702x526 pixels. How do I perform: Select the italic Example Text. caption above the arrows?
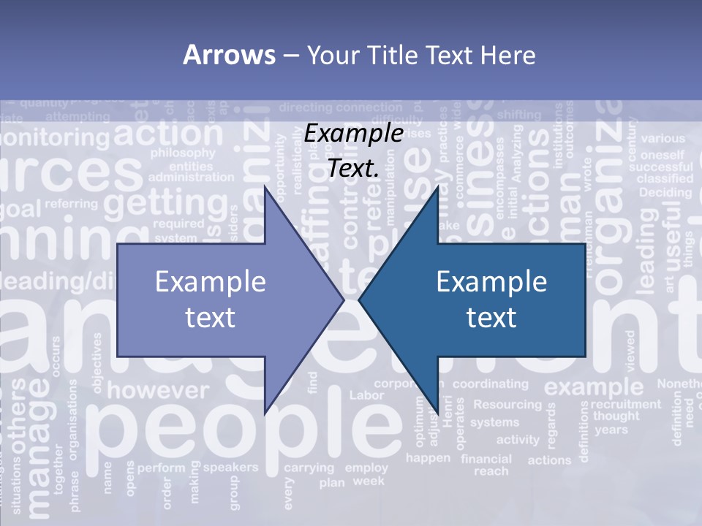[353, 150]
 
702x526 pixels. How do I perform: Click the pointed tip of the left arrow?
[342, 299]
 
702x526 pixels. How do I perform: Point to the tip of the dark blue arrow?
[361, 299]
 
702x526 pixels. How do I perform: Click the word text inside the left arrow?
[210, 317]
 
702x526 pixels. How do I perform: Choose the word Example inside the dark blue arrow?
[491, 281]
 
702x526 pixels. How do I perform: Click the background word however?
[158, 389]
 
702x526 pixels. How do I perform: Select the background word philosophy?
[182, 153]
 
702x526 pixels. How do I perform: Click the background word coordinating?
[490, 384]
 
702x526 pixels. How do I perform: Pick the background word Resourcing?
[507, 404]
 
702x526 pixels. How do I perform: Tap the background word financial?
[486, 460]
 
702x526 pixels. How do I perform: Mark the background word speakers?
[230, 467]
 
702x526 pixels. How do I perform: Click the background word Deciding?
[665, 193]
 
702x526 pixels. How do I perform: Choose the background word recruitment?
[625, 403]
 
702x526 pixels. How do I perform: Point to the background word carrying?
[309, 468]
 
